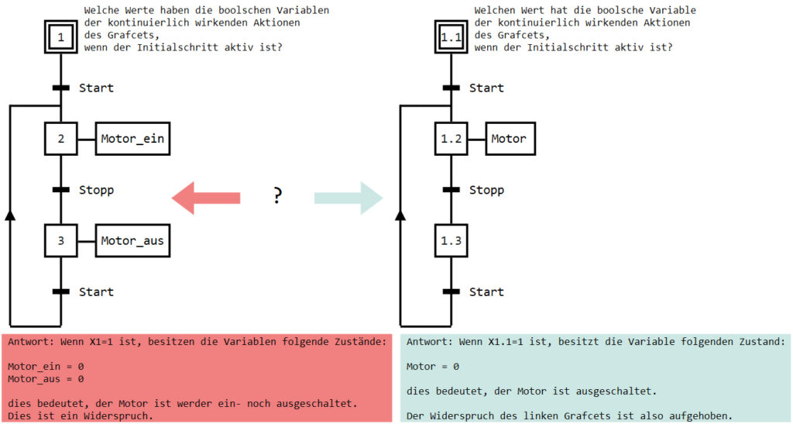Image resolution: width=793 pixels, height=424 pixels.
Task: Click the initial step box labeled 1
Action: point(60,36)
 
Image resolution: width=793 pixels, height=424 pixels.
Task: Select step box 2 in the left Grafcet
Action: point(60,139)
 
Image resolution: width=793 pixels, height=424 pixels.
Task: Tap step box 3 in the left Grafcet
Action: point(60,240)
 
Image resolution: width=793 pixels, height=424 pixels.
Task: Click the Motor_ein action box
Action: point(132,139)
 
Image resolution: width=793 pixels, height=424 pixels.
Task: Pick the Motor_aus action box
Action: point(132,240)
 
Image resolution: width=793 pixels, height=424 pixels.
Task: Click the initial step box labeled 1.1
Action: point(451,36)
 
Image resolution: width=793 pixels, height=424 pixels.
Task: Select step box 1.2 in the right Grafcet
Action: point(451,139)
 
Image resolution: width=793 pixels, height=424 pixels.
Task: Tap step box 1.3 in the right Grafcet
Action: point(451,240)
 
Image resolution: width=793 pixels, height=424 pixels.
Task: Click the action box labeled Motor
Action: point(508,139)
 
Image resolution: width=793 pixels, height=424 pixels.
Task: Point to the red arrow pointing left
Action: point(205,198)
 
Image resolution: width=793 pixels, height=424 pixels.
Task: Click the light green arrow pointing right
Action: point(348,198)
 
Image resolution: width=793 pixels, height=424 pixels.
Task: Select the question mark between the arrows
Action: point(277,196)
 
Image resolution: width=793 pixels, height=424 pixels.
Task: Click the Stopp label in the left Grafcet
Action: point(96,190)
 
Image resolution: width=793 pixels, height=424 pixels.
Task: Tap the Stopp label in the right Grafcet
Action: point(486,190)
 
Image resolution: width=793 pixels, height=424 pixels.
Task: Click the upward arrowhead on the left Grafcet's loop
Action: point(10,215)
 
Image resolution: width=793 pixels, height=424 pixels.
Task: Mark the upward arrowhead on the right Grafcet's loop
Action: point(400,215)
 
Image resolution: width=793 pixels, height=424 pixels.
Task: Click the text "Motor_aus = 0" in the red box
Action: point(46,379)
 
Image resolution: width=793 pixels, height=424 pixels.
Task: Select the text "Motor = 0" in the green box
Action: point(433,366)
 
